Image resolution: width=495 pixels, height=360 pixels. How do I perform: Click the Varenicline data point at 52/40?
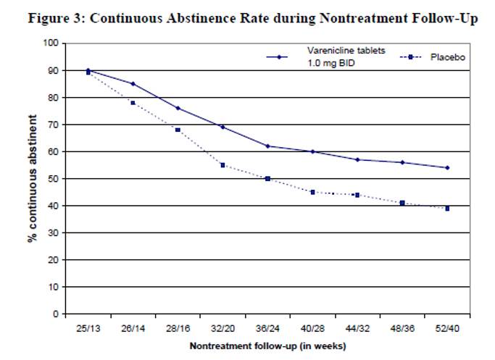pos(447,167)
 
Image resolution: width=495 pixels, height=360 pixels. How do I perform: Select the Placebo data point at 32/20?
pos(222,165)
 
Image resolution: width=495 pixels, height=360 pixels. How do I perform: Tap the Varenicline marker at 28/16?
pos(178,108)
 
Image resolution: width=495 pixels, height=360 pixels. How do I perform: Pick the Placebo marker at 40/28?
pos(312,192)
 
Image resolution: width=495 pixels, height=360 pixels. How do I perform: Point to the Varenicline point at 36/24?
pos(267,146)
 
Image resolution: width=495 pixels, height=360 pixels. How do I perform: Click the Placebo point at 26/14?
pos(133,103)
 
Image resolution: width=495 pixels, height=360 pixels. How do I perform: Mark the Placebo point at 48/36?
pos(402,203)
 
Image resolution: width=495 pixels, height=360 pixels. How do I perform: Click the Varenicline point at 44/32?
pos(357,159)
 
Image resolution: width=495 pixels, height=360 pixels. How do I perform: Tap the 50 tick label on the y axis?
pos(51,179)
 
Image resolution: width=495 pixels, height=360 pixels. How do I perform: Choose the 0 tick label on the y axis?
pos(54,314)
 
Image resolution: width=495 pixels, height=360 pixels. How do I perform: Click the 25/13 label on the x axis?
pos(88,329)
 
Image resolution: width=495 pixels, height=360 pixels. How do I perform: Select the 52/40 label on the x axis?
pos(447,329)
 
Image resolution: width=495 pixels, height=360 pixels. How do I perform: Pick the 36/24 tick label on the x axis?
pos(267,329)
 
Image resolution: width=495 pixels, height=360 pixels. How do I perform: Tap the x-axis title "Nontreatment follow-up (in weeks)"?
pos(267,346)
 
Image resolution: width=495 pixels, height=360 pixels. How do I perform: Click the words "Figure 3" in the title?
pos(56,19)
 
